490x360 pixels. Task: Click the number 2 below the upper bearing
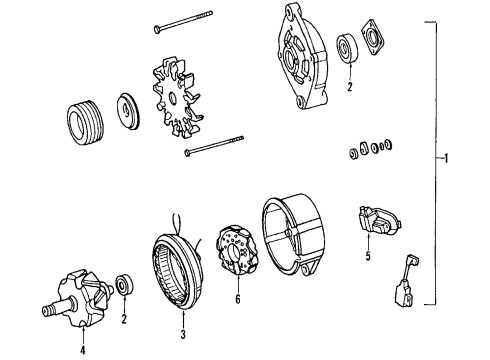pyautogui.click(x=349, y=88)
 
